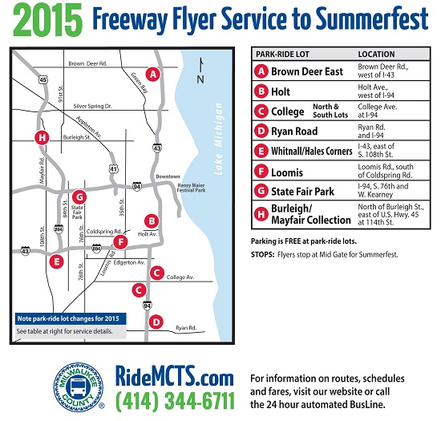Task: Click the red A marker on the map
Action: coord(152,75)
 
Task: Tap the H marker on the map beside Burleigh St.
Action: coord(42,138)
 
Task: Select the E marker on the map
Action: coord(56,262)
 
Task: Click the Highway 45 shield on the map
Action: coord(42,79)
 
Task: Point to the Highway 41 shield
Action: coord(113,168)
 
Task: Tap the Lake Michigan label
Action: coord(219,139)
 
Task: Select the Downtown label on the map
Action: coord(168,176)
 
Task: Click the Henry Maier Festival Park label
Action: coord(192,188)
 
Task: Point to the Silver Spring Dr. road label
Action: coord(92,106)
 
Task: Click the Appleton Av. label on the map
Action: coord(88,128)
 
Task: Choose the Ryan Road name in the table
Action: coord(294,131)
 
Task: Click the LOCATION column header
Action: coord(376,54)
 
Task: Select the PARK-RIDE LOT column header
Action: coord(282,54)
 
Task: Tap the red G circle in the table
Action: coord(261,191)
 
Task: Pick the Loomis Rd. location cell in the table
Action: coord(386,171)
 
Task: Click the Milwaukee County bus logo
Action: coord(79,387)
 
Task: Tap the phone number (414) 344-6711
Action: coord(175,400)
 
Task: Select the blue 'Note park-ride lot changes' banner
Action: coord(71,318)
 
